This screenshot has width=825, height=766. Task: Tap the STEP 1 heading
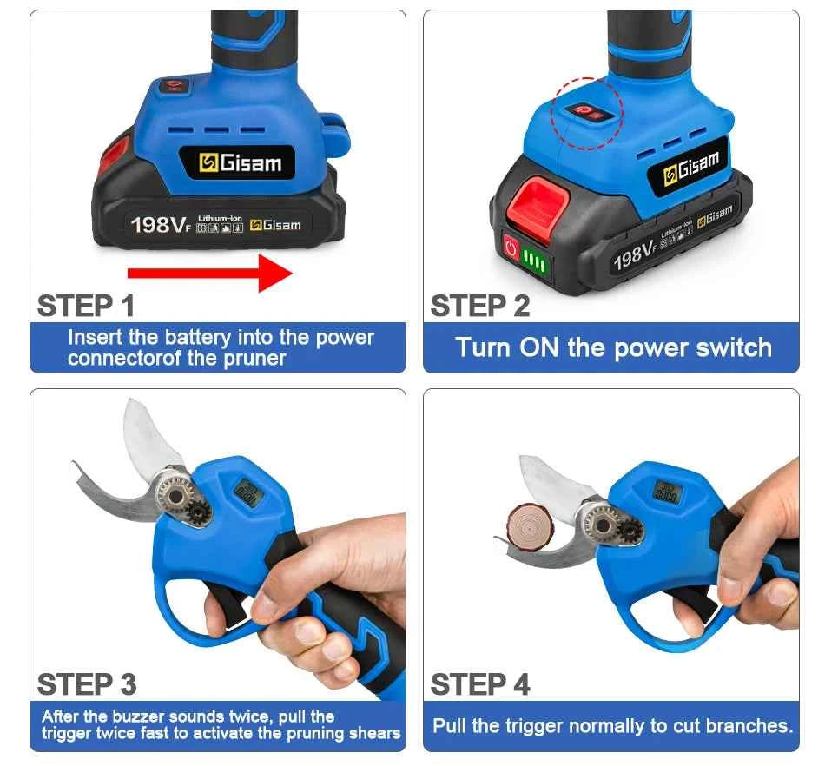pos(86,306)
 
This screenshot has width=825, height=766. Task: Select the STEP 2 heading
pos(479,306)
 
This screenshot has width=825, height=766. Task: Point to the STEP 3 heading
pos(86,684)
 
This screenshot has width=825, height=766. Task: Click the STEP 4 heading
pos(479,684)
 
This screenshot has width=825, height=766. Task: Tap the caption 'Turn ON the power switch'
pos(613,347)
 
